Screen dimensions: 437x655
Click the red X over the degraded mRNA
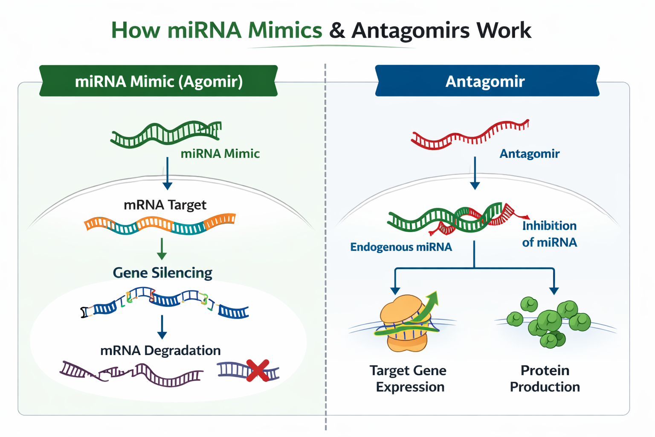tap(258, 370)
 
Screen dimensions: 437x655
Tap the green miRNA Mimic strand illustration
tap(166, 133)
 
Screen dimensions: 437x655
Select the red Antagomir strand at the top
tap(469, 135)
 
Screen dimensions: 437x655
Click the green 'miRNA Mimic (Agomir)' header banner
tap(159, 81)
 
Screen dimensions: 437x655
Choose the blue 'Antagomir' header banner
tap(486, 81)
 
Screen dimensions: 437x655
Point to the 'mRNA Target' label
tap(165, 205)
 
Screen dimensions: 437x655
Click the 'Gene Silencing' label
tap(162, 273)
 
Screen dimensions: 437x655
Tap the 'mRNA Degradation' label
tap(160, 350)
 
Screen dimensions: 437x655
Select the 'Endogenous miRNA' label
tap(401, 247)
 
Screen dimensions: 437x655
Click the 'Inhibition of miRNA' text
tap(549, 234)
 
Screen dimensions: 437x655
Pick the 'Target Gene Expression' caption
tap(409, 379)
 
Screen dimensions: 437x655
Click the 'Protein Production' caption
tap(545, 379)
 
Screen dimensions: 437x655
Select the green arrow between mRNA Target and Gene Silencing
tap(162, 249)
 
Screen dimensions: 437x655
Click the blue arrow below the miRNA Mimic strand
tap(167, 173)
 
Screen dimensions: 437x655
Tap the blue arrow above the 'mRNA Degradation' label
tap(162, 327)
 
